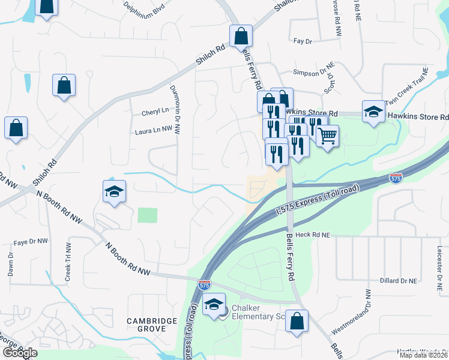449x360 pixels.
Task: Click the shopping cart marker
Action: [x=327, y=136]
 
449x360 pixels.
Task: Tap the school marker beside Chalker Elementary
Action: [x=214, y=304]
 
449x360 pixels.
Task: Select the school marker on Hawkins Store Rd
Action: [x=373, y=112]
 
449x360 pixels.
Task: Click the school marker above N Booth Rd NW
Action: [x=114, y=191]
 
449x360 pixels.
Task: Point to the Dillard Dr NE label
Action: [x=399, y=280]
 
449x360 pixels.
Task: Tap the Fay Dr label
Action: [x=303, y=41]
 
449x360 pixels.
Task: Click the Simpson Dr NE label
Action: [x=313, y=72]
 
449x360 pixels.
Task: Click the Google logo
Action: [x=19, y=352]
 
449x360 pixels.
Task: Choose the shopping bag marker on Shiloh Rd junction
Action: [x=241, y=36]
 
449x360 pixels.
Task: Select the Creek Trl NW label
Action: [x=68, y=263]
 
